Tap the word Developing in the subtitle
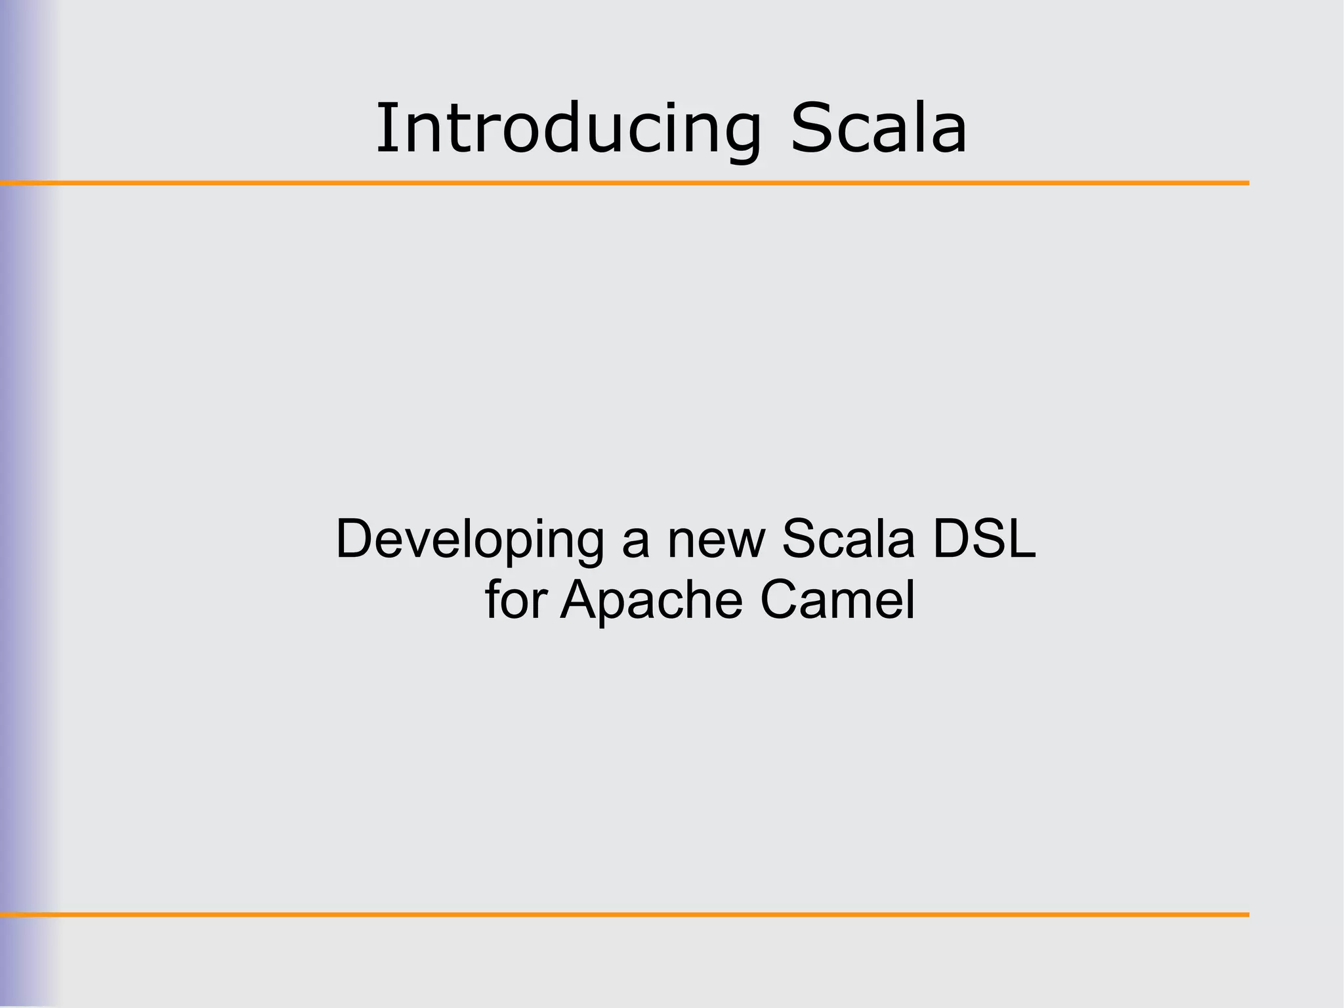(x=469, y=540)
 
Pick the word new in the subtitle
(x=716, y=540)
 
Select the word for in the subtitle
(x=516, y=600)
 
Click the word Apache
(x=652, y=600)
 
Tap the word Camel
(x=837, y=600)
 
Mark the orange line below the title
(x=623, y=183)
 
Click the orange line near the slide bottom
(x=623, y=914)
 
